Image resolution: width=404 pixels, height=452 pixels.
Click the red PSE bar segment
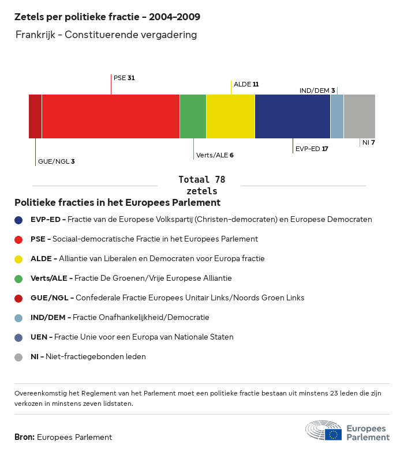(x=111, y=116)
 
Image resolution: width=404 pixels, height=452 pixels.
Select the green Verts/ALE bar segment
(x=193, y=116)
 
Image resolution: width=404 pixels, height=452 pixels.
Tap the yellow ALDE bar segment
(x=230, y=116)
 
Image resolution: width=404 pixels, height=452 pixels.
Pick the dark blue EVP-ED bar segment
(x=292, y=116)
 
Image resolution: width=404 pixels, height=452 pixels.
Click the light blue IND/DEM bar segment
(x=337, y=116)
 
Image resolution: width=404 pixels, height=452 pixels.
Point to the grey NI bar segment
(x=359, y=116)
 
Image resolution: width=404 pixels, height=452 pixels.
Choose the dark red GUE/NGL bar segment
(x=35, y=116)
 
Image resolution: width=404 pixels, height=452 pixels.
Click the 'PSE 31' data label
(x=124, y=77)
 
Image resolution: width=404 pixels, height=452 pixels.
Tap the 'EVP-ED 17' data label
(x=312, y=149)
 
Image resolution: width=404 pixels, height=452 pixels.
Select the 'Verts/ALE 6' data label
(x=215, y=155)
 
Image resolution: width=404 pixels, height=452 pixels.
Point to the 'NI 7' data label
(x=369, y=142)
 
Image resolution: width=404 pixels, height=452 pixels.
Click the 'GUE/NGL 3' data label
(x=56, y=161)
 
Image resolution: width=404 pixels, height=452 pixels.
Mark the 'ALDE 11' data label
(x=246, y=84)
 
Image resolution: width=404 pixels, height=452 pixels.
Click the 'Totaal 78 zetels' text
(x=202, y=185)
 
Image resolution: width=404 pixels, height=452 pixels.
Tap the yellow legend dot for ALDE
(x=18, y=259)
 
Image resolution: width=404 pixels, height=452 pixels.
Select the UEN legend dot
(x=18, y=337)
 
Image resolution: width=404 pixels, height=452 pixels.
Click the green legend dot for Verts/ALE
(x=18, y=278)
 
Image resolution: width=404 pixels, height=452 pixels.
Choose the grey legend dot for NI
(x=18, y=357)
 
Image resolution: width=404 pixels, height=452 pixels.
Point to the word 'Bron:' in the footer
(x=24, y=437)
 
